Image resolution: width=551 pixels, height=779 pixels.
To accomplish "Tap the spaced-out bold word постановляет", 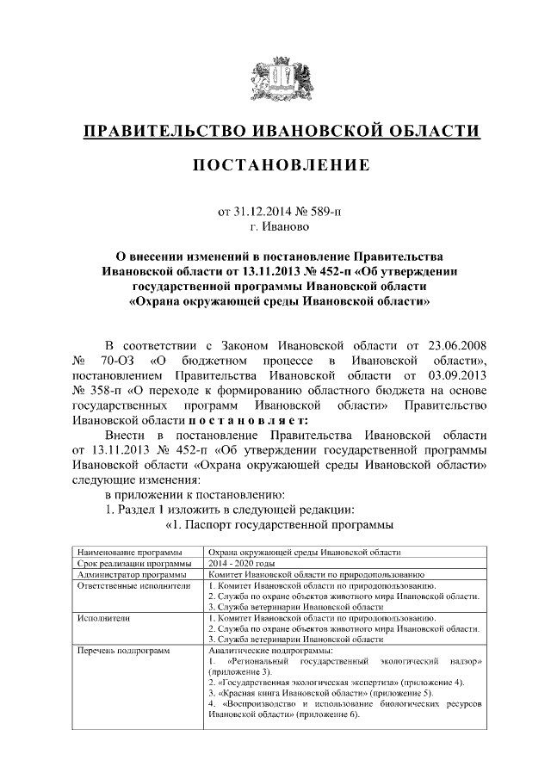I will pyautogui.click(x=249, y=421).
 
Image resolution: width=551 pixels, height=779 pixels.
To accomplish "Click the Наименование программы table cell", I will pyautogui.click(x=129, y=551).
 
